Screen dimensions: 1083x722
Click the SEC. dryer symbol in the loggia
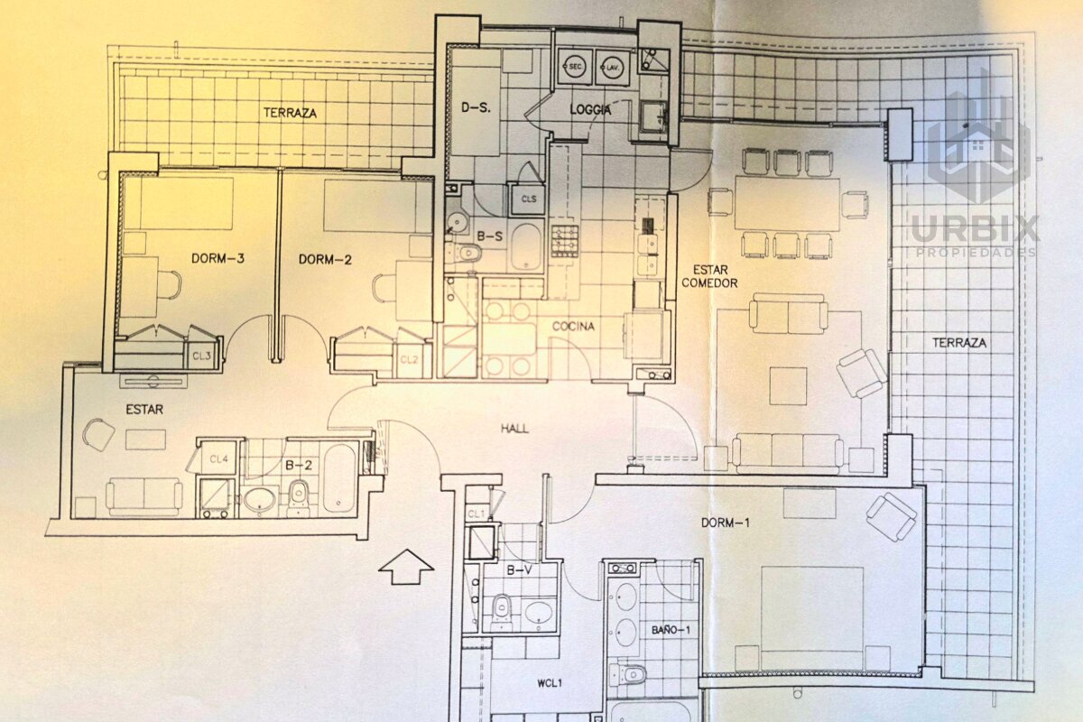click(x=575, y=67)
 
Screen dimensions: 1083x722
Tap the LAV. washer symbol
click(x=613, y=67)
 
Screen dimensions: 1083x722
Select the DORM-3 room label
click(x=218, y=258)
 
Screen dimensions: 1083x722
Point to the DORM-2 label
click(x=325, y=260)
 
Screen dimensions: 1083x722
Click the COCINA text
click(x=573, y=327)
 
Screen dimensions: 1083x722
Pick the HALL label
click(x=515, y=429)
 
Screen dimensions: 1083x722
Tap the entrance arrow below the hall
click(x=406, y=567)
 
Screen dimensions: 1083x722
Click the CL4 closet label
click(x=219, y=459)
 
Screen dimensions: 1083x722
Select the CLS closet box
click(x=528, y=199)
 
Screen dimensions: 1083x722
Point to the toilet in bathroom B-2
click(x=299, y=498)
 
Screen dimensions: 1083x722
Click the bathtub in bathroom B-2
click(x=339, y=477)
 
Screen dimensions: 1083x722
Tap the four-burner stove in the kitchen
click(x=565, y=241)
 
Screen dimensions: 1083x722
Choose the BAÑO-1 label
click(x=671, y=630)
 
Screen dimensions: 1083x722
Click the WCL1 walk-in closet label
click(x=550, y=684)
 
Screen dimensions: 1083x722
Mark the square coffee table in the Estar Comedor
click(x=788, y=386)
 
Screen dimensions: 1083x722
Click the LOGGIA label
click(x=590, y=110)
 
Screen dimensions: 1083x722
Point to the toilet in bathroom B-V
click(x=503, y=612)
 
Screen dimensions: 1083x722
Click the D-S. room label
click(x=476, y=107)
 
